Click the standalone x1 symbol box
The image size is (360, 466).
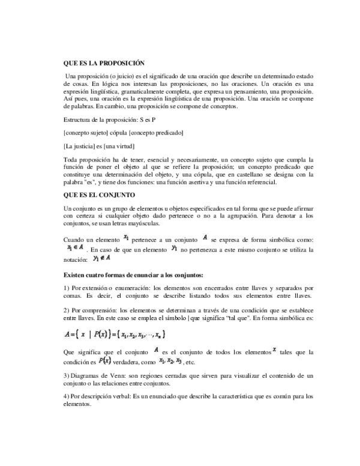[125, 237]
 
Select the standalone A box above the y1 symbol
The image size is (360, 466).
[205, 237]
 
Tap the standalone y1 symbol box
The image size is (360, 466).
[174, 247]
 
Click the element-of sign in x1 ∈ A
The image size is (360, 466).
[76, 247]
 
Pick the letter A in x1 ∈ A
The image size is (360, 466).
[82, 247]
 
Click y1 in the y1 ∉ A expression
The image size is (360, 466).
[95, 258]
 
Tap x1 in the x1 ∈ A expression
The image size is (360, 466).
[69, 247]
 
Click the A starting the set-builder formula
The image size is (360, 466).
[67, 334]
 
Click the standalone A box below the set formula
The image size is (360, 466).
[156, 349]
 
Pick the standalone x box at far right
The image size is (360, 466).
[274, 349]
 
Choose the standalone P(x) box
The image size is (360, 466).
[104, 360]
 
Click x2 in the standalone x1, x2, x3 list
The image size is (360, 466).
[170, 360]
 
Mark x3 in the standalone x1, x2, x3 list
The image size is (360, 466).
[179, 360]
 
